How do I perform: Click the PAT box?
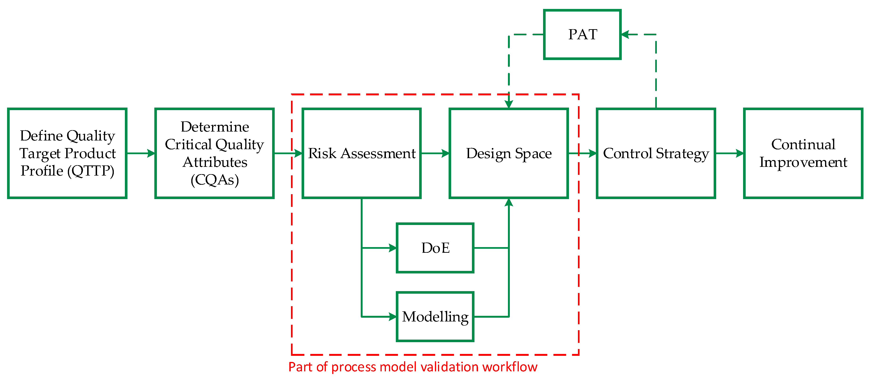[582, 34]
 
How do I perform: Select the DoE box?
[435, 248]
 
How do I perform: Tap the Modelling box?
[435, 317]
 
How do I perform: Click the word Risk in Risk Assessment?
[322, 153]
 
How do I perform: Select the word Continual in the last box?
[803, 144]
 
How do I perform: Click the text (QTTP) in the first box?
[91, 171]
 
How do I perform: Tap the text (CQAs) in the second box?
[215, 180]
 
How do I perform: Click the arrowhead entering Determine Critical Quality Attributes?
[151, 153]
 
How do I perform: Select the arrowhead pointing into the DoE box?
[393, 248]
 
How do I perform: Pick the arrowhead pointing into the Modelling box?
[393, 317]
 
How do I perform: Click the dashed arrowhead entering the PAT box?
[626, 34]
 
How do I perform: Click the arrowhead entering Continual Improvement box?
[740, 153]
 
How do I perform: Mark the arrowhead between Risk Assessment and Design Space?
[446, 153]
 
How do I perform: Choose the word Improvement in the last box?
[803, 162]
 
